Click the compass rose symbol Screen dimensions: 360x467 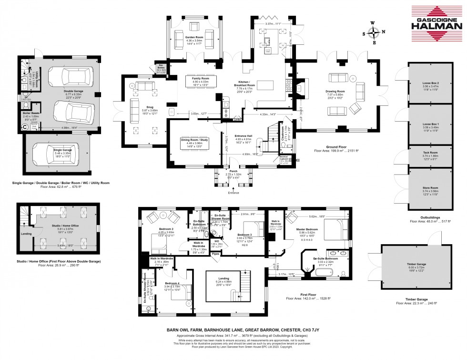click(375, 33)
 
